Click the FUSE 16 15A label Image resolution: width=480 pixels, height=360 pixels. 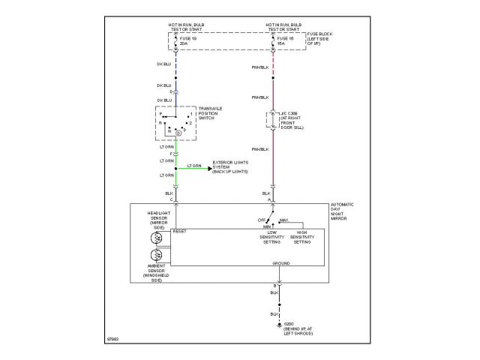283,41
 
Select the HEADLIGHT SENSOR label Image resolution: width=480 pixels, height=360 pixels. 159,220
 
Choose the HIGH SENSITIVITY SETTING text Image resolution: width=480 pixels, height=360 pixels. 302,238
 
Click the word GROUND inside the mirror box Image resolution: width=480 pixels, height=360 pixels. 281,264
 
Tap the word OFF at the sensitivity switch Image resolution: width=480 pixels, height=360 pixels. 262,220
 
